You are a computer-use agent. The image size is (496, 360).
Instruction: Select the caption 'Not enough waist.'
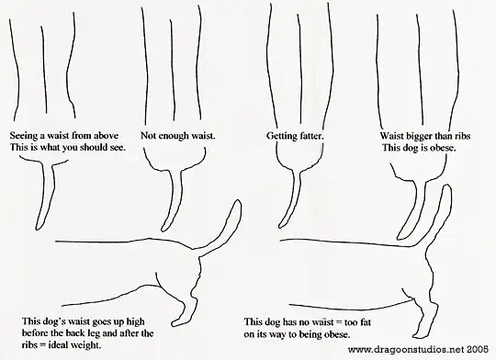click(178, 136)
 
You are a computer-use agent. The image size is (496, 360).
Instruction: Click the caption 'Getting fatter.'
click(295, 136)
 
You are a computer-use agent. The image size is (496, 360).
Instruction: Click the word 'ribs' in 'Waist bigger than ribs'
click(462, 136)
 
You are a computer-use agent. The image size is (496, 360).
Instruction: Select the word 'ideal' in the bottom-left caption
click(58, 344)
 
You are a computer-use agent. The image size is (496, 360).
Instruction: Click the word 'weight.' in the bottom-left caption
click(86, 345)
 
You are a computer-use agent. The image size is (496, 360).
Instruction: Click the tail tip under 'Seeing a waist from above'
click(38, 227)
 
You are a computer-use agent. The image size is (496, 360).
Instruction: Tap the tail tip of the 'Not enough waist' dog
click(163, 229)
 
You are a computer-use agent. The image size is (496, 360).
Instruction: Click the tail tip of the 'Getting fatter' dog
click(281, 225)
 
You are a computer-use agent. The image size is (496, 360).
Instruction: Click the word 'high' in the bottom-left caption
click(135, 321)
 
